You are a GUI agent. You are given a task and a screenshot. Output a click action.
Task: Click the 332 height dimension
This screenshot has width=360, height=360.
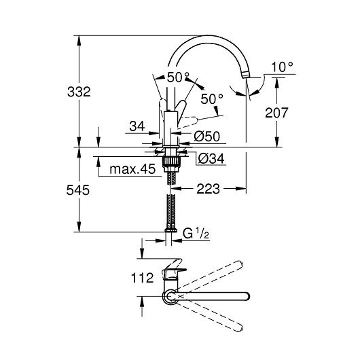(79, 92)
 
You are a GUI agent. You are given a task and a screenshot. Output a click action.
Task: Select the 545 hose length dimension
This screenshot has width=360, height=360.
(78, 190)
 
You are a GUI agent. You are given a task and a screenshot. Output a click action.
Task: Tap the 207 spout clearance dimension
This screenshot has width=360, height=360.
(276, 113)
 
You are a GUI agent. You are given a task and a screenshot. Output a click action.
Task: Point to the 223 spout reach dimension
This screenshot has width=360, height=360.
(209, 189)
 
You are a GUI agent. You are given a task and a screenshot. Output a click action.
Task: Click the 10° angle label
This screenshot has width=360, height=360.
(282, 67)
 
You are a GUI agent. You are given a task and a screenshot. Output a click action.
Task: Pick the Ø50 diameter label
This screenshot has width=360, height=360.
(207, 137)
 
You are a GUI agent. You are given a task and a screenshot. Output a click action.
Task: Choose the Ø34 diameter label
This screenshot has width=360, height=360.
(211, 158)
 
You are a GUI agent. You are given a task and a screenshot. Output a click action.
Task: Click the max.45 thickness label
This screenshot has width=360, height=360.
(132, 169)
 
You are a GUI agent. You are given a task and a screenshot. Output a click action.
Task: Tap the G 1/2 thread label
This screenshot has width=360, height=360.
(196, 234)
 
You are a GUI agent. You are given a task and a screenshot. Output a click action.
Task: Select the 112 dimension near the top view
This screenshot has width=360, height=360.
(142, 278)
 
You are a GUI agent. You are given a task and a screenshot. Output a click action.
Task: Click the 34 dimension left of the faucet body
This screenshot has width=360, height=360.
(137, 126)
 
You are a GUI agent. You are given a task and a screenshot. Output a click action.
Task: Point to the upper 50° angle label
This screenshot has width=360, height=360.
(178, 77)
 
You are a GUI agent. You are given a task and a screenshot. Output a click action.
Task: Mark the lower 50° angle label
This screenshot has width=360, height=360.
(212, 99)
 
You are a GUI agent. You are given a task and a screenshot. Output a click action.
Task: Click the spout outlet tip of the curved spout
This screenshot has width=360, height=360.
(246, 75)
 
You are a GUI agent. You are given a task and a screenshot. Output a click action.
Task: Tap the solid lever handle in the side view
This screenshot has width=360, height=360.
(181, 110)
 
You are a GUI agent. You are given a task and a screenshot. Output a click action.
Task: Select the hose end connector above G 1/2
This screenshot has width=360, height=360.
(170, 230)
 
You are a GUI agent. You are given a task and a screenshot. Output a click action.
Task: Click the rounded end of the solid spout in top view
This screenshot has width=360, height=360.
(247, 296)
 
